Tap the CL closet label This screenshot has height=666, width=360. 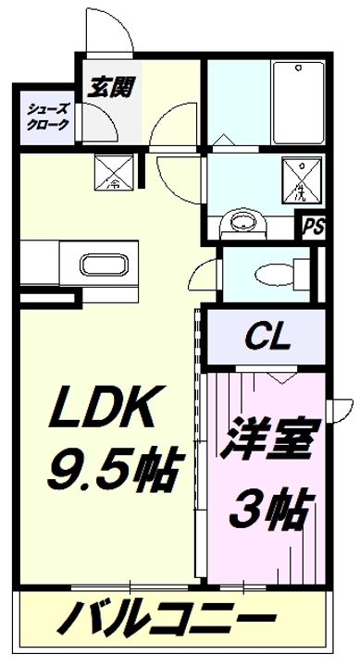click(267, 337)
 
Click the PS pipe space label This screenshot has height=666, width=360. click(313, 225)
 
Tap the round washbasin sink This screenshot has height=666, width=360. click(243, 222)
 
